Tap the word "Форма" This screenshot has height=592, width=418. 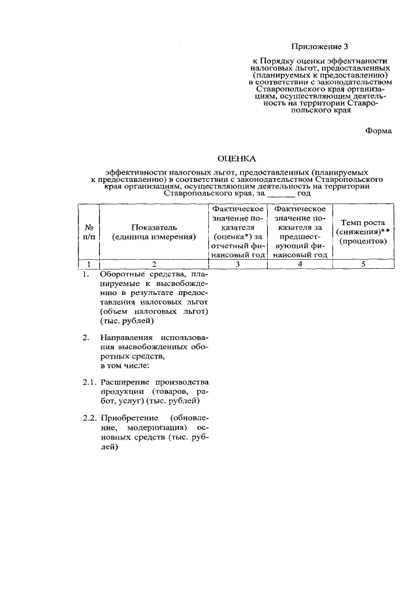point(378,131)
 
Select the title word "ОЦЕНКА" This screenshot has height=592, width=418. point(236,158)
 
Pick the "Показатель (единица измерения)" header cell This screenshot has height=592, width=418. point(153,232)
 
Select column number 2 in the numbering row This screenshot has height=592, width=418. point(153,264)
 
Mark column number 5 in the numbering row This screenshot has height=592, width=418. point(362,264)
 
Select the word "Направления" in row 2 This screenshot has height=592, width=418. point(125,337)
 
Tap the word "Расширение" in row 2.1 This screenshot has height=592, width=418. point(124,381)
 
